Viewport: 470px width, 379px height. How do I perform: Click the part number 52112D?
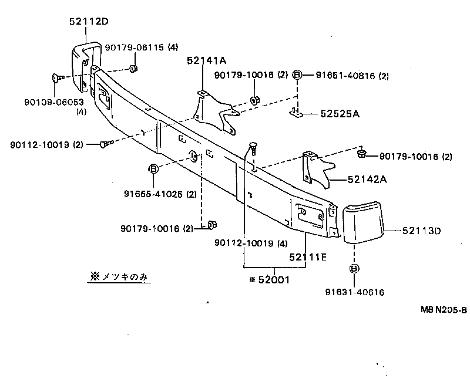point(89,22)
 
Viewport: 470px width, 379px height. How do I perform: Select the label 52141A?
point(207,60)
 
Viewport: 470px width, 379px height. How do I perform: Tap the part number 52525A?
point(340,114)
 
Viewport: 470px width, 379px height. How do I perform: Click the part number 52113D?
point(421,231)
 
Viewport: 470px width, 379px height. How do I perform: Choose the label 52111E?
point(308,256)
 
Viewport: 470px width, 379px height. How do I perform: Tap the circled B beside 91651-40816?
point(297,75)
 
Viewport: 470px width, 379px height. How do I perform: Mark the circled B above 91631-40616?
point(355,269)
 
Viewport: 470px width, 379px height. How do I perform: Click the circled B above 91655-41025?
point(153,170)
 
